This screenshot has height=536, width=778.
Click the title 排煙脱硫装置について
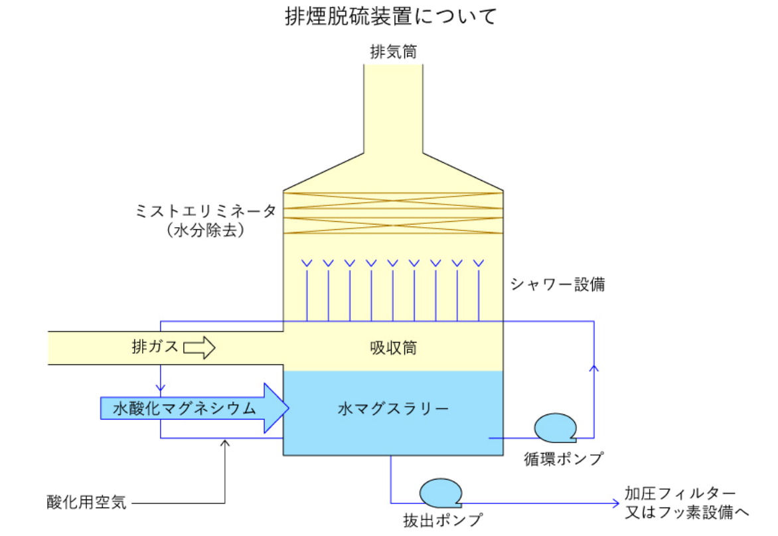[x=390, y=17]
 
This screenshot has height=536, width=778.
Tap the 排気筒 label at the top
[x=394, y=52]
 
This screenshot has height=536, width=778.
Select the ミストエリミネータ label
[x=205, y=211]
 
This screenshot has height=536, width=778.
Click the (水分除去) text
[x=206, y=230]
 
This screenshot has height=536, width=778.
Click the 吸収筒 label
[x=393, y=347]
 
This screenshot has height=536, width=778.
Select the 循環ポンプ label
[x=563, y=459]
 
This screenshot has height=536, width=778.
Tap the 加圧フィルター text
[x=679, y=493]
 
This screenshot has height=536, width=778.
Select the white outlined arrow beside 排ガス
[x=200, y=347]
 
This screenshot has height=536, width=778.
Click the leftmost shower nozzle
[x=306, y=263]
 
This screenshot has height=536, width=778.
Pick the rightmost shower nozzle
[x=478, y=263]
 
